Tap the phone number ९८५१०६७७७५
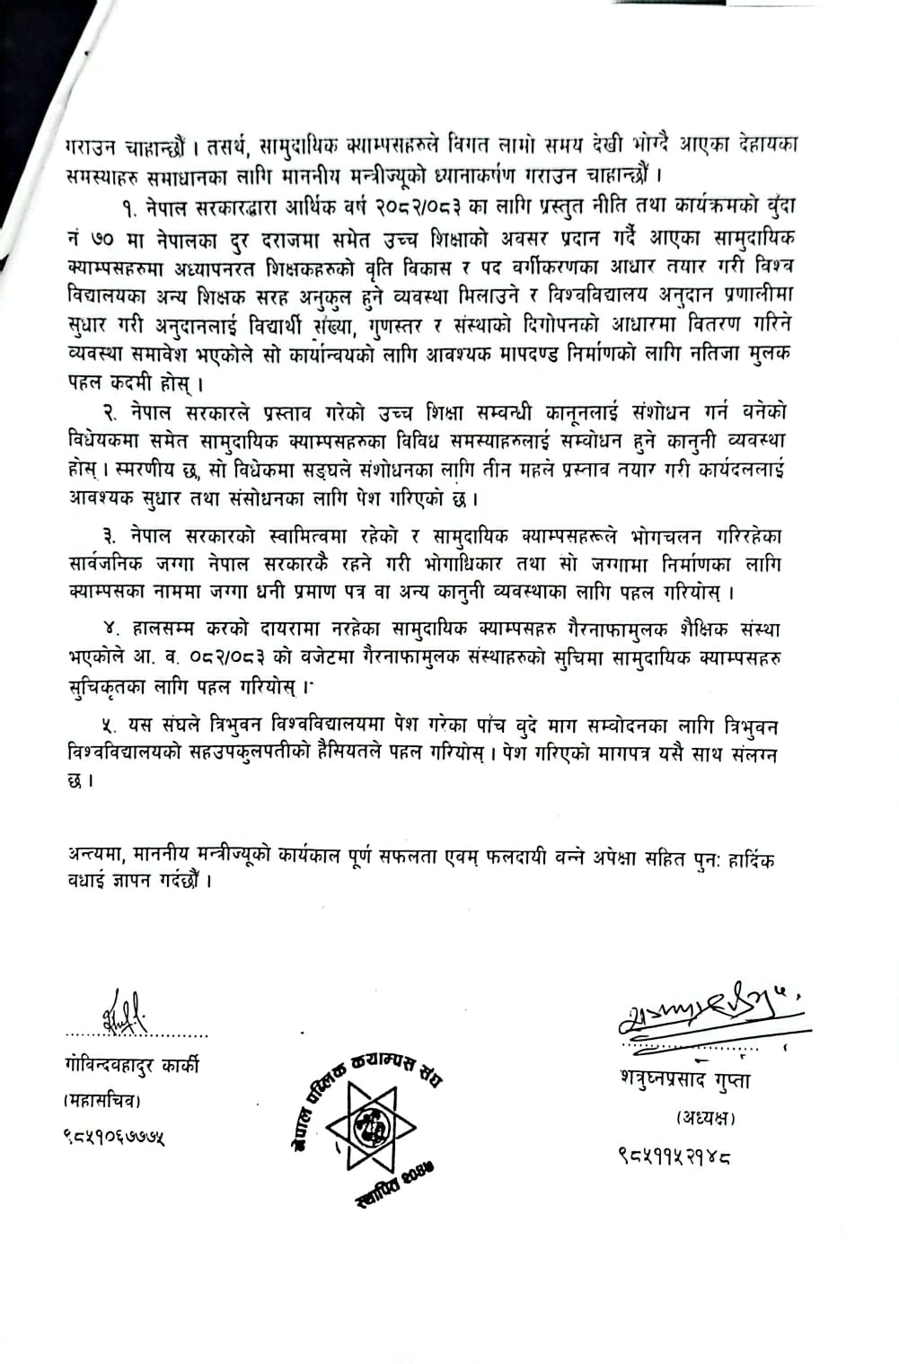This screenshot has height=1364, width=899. pyautogui.click(x=114, y=1139)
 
